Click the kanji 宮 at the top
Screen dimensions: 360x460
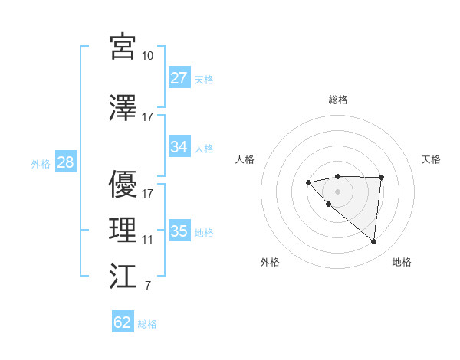click(x=123, y=47)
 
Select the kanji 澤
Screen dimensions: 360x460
click(x=123, y=108)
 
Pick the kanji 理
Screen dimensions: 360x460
click(x=123, y=231)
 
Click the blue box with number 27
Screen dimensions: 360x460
click(x=179, y=78)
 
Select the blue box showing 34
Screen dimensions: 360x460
click(x=179, y=147)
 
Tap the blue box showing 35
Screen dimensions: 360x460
click(x=179, y=231)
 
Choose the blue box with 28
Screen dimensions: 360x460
click(x=65, y=163)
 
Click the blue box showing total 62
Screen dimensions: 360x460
click(x=123, y=322)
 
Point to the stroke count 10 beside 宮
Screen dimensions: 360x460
click(x=148, y=55)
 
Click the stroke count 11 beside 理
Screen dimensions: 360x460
click(x=148, y=240)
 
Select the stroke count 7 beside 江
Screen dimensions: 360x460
click(x=148, y=286)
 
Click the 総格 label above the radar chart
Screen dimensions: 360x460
click(x=337, y=100)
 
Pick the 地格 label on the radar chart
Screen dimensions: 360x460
click(x=402, y=262)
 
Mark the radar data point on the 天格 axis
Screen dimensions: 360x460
click(x=382, y=178)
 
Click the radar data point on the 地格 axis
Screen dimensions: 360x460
click(x=374, y=242)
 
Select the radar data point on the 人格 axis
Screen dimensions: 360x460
click(x=308, y=182)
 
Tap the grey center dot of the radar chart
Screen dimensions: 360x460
click(x=337, y=191)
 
